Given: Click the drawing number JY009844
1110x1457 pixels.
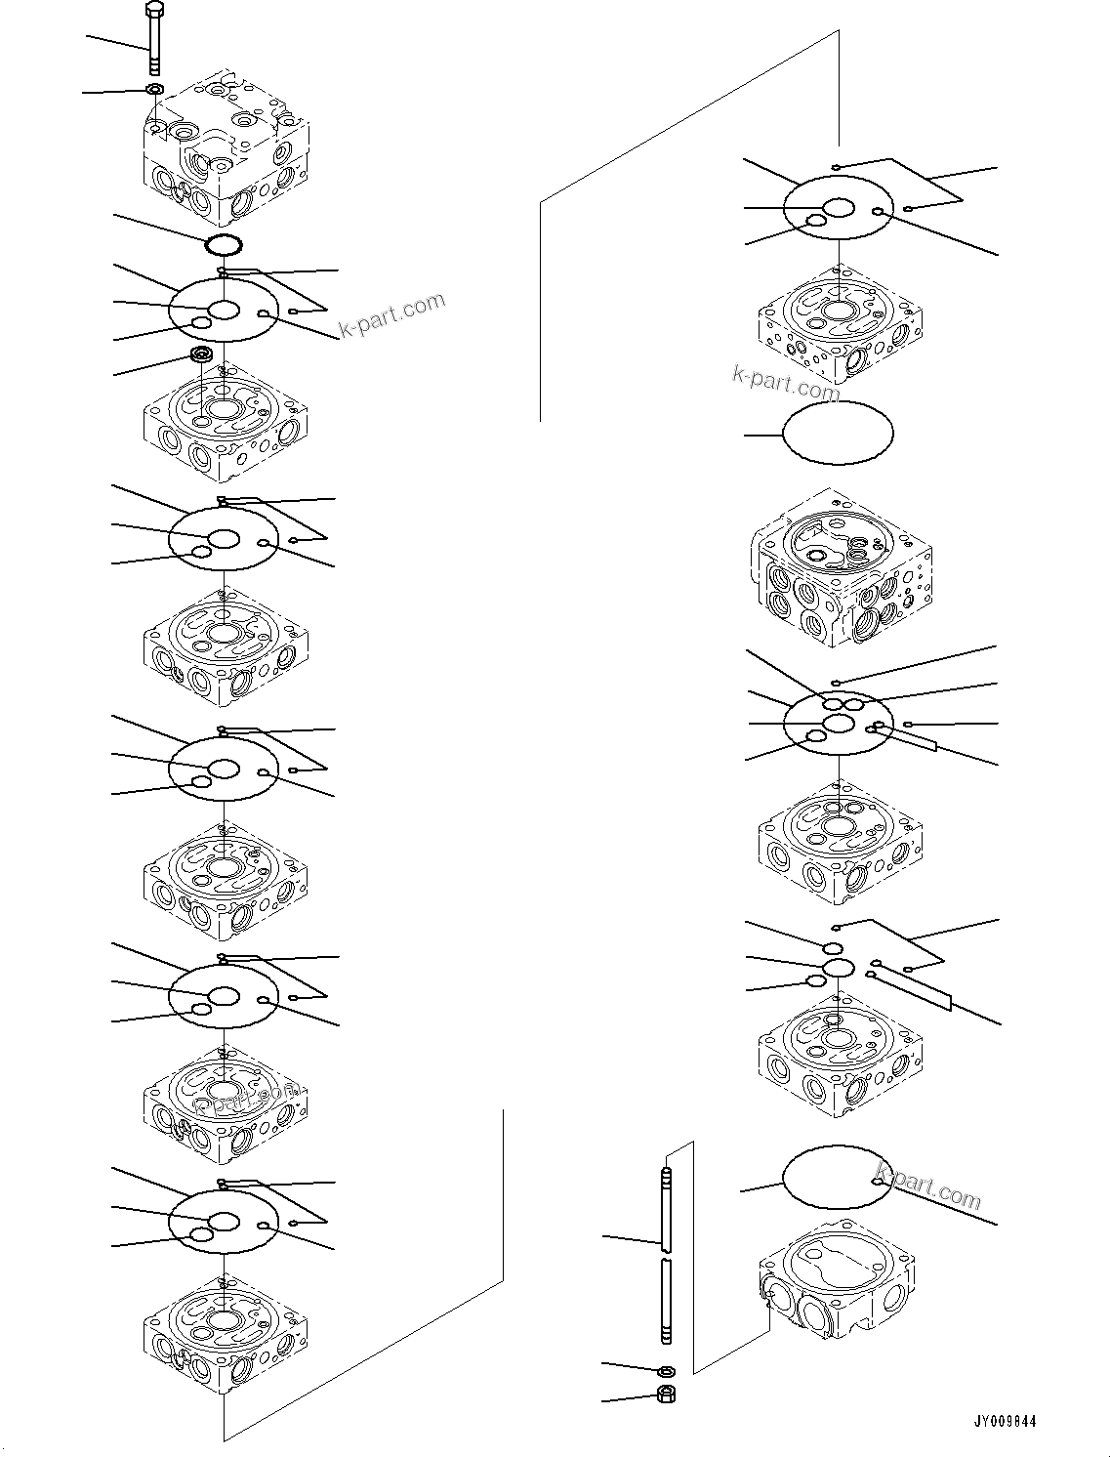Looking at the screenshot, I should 1005,1421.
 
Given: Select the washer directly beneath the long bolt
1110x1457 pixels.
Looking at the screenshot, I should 154,90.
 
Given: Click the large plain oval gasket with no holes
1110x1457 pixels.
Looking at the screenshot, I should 839,433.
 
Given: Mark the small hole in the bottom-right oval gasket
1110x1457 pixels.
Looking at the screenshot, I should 878,1182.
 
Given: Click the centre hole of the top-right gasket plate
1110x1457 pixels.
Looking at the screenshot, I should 839,207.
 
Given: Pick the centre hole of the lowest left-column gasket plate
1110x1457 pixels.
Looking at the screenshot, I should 225,1222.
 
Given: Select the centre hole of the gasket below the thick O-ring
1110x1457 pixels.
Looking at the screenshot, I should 225,310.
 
